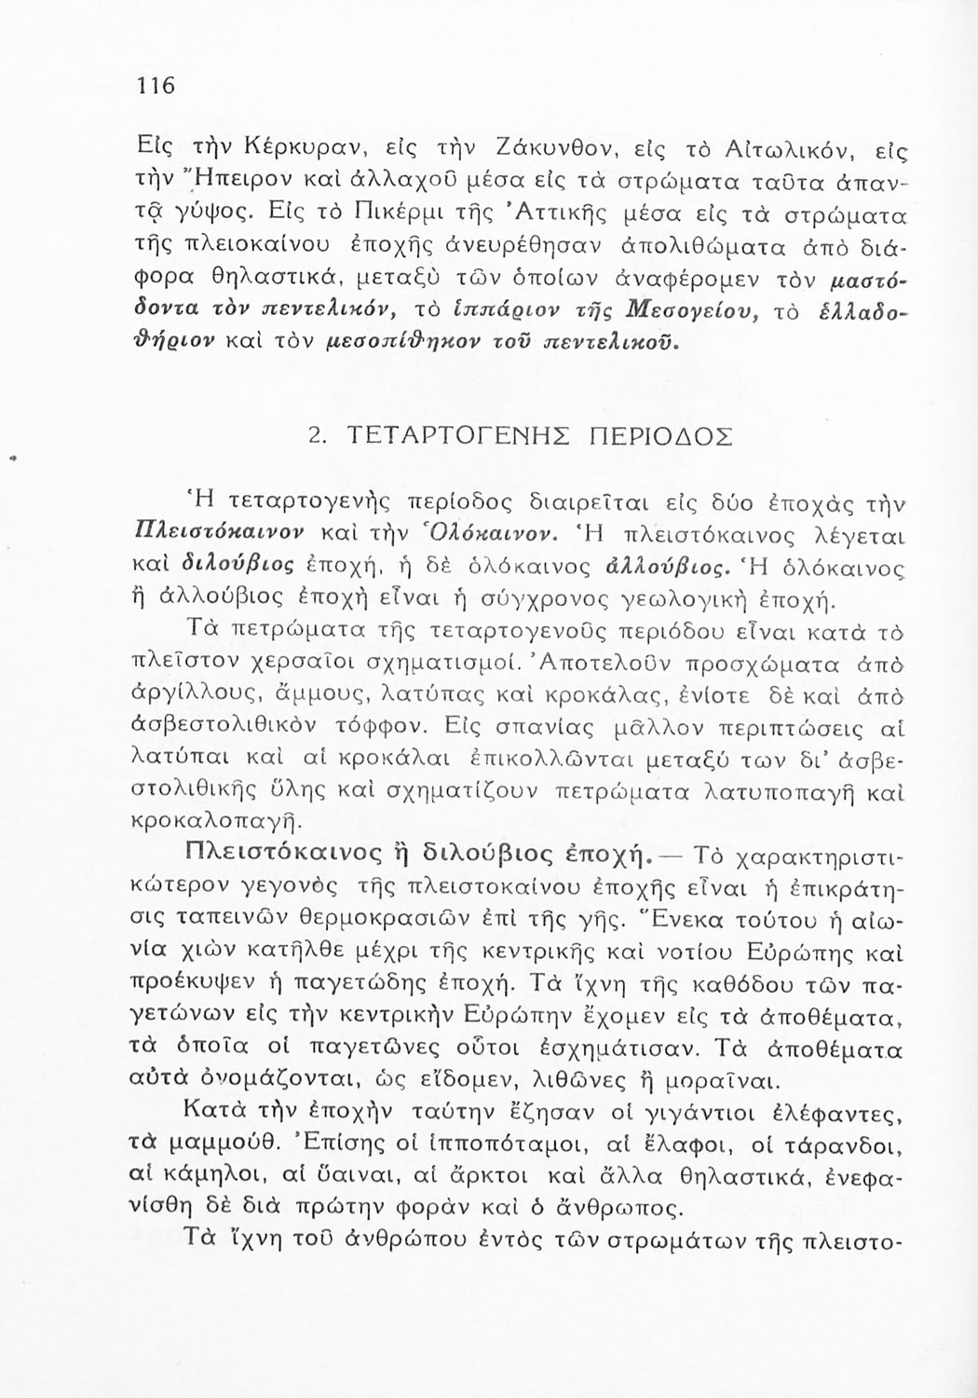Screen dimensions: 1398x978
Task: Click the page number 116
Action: click(x=156, y=87)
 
